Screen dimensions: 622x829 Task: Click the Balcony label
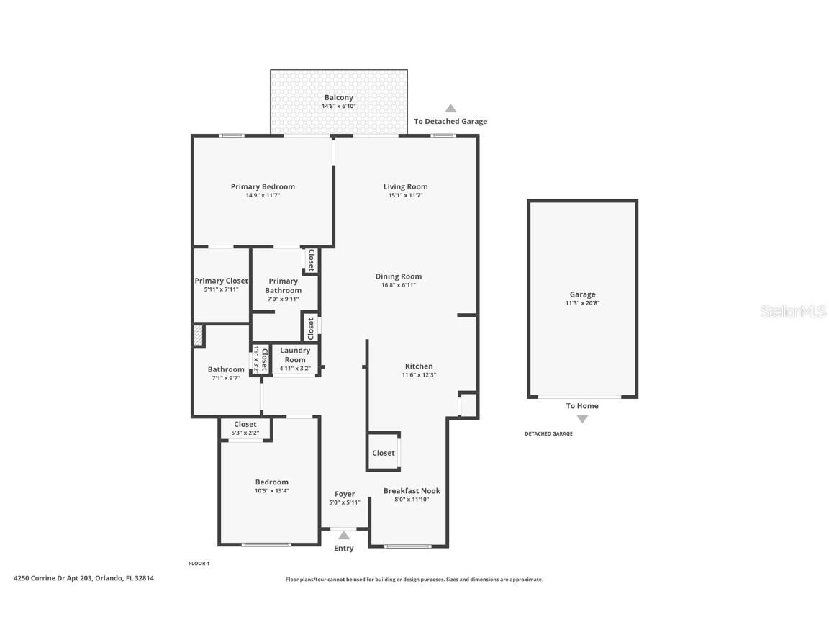point(338,97)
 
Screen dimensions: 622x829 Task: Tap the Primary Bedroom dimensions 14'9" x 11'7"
point(263,195)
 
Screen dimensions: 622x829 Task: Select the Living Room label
point(406,186)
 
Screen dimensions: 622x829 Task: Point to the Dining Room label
point(398,276)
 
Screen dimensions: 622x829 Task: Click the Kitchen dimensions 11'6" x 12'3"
point(419,375)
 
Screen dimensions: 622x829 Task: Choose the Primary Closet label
point(221,281)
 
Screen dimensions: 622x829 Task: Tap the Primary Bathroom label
point(283,286)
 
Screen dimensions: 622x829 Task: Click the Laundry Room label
point(295,355)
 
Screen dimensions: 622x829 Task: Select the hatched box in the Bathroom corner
point(199,336)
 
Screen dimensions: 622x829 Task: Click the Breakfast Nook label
point(412,491)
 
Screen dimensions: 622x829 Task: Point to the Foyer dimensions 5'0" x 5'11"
point(345,502)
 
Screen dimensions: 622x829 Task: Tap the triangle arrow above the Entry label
point(344,535)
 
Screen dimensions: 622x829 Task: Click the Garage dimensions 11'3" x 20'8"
point(582,303)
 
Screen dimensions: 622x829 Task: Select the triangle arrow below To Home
point(582,419)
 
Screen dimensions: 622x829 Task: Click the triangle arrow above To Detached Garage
point(450,109)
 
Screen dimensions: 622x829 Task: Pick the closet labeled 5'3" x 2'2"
point(245,429)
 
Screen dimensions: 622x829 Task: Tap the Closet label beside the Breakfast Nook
point(384,453)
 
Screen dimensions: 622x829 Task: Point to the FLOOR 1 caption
point(199,564)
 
